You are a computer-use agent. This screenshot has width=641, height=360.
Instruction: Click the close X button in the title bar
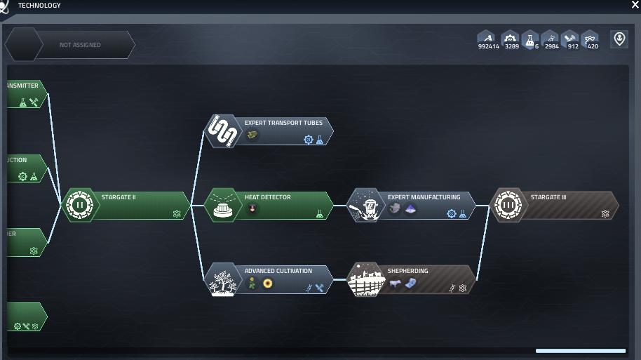click(635, 5)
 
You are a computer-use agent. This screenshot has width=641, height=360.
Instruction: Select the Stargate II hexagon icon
click(79, 206)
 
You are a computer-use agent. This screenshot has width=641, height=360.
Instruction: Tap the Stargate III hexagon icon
click(508, 206)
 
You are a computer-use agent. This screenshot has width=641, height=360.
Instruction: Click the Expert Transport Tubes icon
click(222, 131)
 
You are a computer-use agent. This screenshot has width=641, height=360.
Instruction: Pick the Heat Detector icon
click(222, 206)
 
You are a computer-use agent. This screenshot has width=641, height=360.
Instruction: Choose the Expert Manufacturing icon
click(365, 206)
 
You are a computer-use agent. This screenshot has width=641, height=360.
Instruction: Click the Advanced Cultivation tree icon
click(222, 279)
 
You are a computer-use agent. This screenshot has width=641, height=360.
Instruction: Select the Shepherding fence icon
click(365, 279)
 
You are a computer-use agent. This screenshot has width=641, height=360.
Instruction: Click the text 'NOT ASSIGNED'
click(80, 45)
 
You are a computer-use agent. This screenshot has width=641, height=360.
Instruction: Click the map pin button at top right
click(619, 39)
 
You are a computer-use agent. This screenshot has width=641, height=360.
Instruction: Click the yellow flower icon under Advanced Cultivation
click(267, 284)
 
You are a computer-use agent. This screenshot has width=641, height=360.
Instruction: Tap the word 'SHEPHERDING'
click(407, 271)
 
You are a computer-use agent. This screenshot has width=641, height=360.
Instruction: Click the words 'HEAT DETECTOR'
click(267, 197)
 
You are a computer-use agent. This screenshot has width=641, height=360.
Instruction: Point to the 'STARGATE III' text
click(548, 197)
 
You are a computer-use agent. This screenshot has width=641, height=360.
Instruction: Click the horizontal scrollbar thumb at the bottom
click(580, 351)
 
